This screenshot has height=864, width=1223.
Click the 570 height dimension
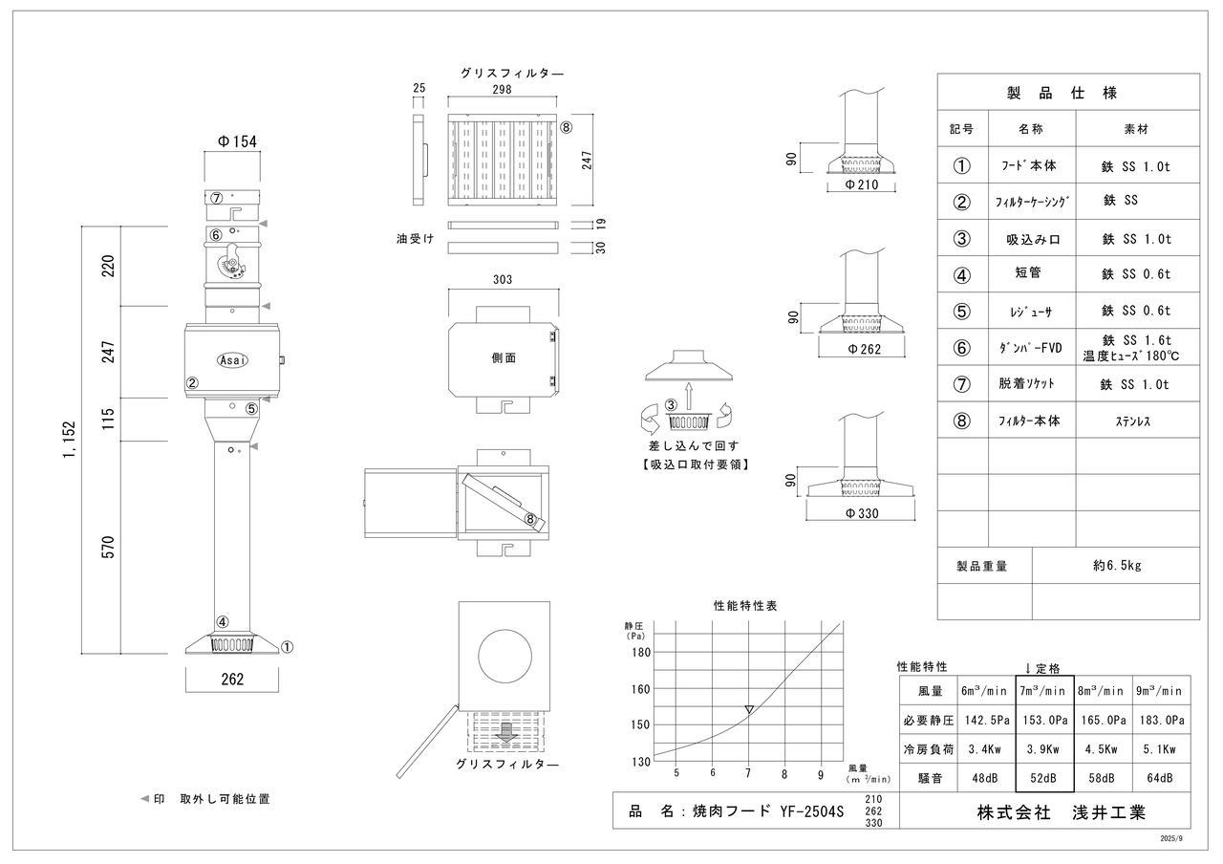(x=108, y=547)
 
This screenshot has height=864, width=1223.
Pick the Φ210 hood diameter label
(x=860, y=184)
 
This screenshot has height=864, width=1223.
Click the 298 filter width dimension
(x=502, y=90)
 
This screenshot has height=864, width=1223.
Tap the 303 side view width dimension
(x=503, y=280)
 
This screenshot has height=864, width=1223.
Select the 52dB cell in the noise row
(x=1043, y=778)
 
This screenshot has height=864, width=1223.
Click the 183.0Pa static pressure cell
(x=1159, y=720)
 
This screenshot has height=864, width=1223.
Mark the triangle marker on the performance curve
(x=749, y=709)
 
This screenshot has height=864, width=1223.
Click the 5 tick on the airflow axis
(x=676, y=773)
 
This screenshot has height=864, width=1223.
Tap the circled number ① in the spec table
(x=962, y=165)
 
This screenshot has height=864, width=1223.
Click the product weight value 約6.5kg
(x=1117, y=565)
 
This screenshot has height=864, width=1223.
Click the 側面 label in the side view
(x=504, y=357)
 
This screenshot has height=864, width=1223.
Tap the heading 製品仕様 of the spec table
(x=1062, y=93)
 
